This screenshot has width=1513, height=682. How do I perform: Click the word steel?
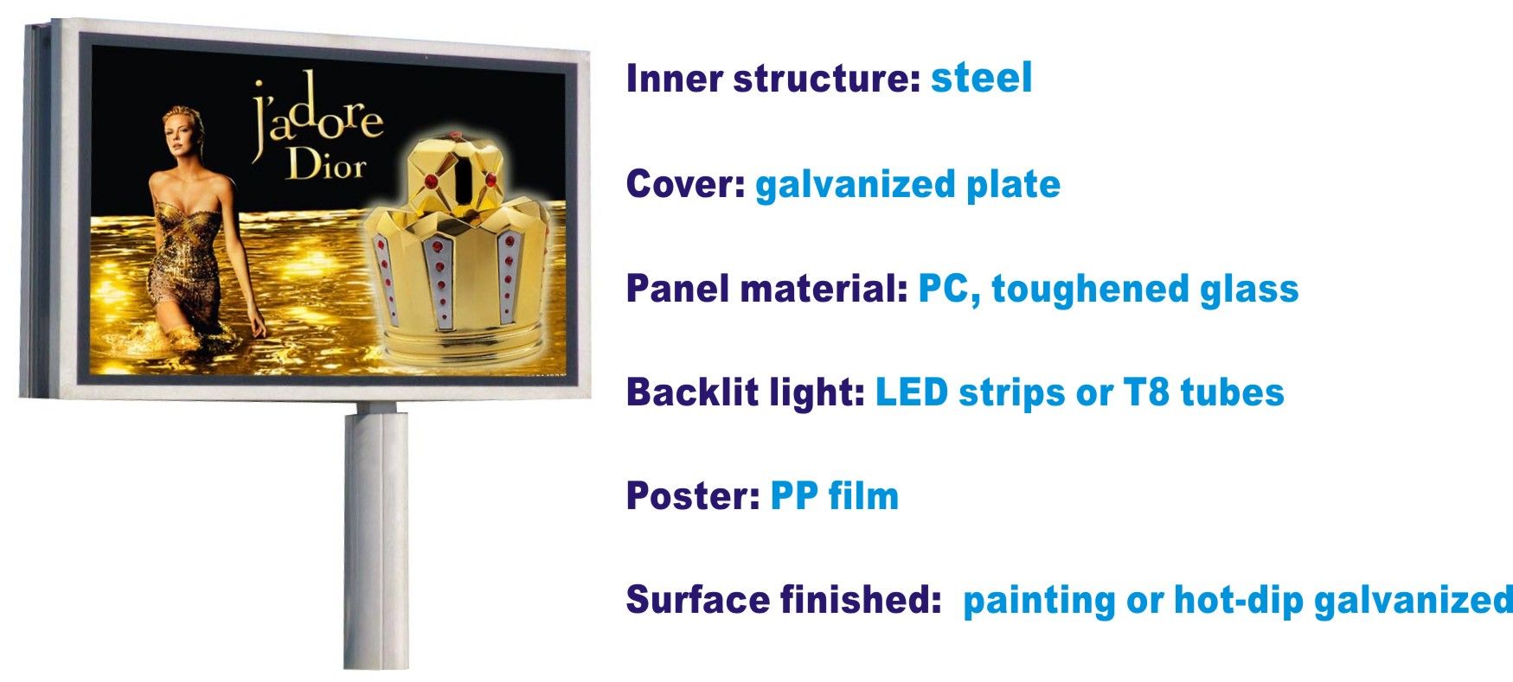coord(981,78)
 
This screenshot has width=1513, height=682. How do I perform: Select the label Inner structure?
coord(773,78)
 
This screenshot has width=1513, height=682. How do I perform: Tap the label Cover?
coord(686,183)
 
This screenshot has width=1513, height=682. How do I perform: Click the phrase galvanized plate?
coord(907,185)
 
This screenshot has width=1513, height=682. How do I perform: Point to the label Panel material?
coord(766,288)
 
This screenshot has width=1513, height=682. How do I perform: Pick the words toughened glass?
coord(1145,290)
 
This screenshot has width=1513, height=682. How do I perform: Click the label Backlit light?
coord(746,392)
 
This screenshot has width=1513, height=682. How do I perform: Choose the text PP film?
coord(834,496)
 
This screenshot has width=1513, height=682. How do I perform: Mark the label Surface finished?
coord(783,600)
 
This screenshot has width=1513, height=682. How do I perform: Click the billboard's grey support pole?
coord(375,536)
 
